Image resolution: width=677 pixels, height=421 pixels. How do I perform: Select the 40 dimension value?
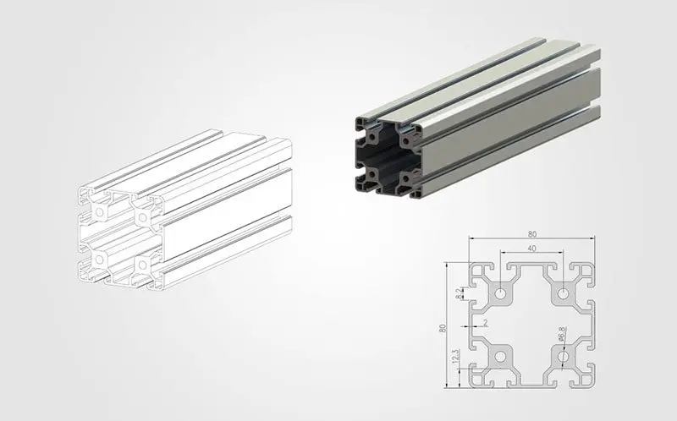tap(532, 249)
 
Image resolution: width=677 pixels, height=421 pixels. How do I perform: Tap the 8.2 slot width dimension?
tap(458, 293)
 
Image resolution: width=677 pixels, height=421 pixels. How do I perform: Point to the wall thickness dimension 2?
tap(485, 323)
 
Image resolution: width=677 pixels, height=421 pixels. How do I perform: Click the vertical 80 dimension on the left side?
tap(442, 328)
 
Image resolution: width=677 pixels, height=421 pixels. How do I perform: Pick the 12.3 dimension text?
tap(455, 357)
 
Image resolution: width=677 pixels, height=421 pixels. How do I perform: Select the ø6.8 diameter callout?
tap(562, 334)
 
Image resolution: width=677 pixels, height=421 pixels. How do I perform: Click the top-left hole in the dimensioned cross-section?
tap(501, 293)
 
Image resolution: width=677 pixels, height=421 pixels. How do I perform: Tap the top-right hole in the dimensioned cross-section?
tap(563, 293)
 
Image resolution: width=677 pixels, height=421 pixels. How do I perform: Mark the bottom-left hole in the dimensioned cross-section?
tap(501, 357)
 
